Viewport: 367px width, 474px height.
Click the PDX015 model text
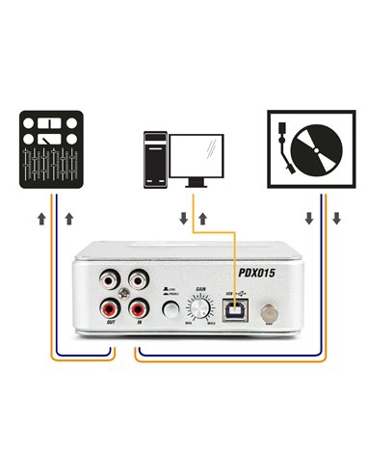tap(254, 272)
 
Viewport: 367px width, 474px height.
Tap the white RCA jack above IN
tap(138, 284)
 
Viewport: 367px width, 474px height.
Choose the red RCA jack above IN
tap(138, 311)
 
